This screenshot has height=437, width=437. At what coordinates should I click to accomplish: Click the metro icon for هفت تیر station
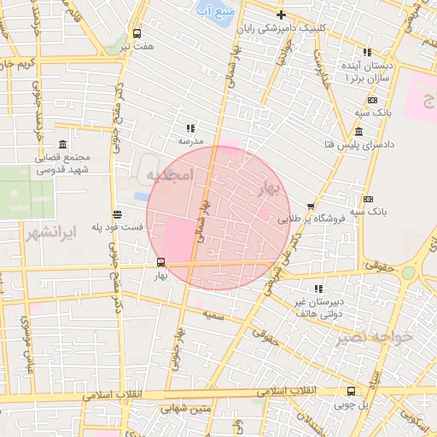137,33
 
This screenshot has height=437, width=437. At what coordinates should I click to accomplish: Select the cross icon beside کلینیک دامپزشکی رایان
281,15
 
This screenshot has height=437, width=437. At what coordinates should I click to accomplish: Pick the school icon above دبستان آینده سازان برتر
367,52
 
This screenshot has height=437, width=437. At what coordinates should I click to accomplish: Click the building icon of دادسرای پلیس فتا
358,132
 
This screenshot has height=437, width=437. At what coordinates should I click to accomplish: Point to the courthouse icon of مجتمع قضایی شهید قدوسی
62,146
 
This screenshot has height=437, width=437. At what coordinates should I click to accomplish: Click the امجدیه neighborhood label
171,175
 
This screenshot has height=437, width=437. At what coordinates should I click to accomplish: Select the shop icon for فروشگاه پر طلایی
311,205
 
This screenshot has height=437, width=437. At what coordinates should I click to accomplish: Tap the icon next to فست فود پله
117,215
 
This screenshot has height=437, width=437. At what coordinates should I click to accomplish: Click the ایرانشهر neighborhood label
52,232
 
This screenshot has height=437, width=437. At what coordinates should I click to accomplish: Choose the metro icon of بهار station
160,262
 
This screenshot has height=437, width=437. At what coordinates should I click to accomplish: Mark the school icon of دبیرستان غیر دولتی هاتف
318,288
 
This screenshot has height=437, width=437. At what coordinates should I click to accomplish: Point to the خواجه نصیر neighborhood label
376,336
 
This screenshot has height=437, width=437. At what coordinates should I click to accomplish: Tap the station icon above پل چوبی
351,392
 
